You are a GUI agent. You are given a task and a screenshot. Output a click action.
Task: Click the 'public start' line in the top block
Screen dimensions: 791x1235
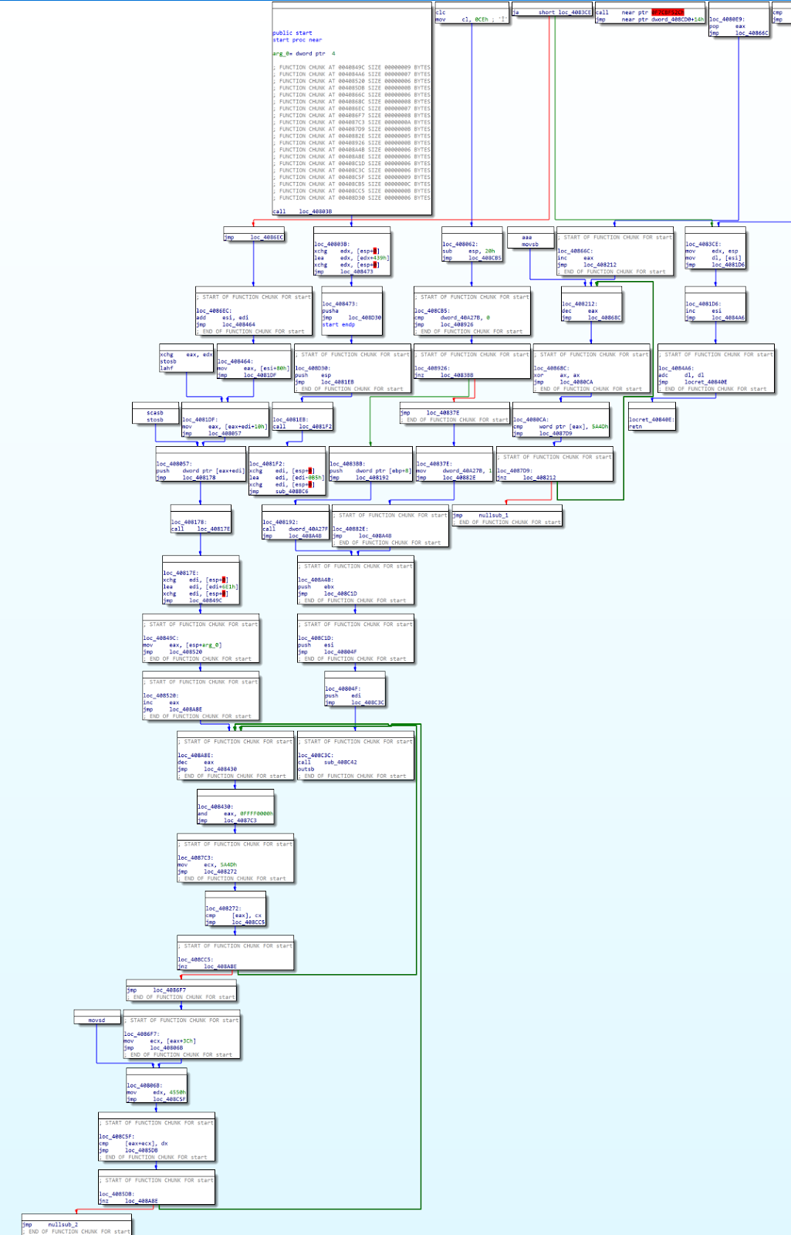[292, 33]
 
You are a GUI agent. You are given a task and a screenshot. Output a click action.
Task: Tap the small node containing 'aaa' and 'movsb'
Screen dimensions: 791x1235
[529, 241]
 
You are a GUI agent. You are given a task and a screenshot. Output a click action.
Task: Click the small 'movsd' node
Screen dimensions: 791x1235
[96, 1020]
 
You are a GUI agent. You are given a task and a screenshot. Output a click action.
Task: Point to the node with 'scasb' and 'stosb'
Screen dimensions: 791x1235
[155, 416]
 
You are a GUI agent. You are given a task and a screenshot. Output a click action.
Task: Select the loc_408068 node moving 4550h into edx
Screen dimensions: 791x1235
[156, 1092]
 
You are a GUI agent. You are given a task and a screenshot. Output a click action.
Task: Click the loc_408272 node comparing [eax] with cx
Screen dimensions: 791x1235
[235, 915]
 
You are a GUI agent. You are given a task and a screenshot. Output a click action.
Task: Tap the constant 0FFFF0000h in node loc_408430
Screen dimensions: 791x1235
[255, 814]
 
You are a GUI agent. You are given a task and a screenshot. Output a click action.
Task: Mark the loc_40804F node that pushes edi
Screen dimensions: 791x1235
[353, 695]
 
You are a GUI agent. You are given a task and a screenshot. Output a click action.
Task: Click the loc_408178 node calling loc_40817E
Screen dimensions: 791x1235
[200, 525]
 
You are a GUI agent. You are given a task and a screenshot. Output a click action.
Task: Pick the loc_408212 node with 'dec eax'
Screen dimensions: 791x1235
[590, 310]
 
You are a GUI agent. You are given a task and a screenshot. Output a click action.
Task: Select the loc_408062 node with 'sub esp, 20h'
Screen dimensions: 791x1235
[471, 251]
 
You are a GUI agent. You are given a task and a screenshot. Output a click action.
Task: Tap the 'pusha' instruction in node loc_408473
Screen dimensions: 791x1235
[330, 310]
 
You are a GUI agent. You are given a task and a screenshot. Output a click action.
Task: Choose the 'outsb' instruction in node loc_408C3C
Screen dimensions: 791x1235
[306, 769]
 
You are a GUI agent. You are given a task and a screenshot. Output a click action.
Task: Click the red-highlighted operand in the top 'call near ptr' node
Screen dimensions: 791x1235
[668, 12]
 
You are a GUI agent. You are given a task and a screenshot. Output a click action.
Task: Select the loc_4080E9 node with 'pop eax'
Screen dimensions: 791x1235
[738, 26]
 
